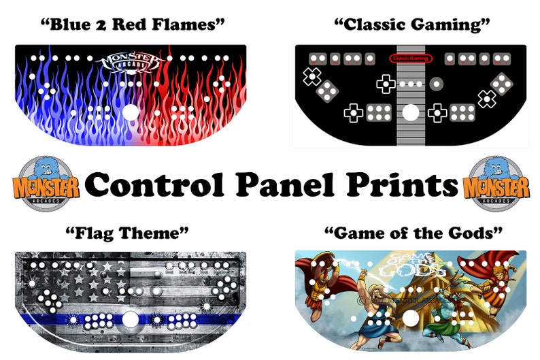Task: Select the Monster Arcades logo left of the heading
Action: tap(46, 181)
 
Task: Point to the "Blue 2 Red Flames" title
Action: tap(133, 25)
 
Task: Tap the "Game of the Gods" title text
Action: tap(414, 234)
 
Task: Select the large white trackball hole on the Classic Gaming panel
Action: tap(410, 112)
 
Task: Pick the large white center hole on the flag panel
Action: tap(130, 318)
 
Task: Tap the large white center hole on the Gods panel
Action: tap(411, 318)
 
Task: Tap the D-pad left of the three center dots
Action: tap(385, 84)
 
